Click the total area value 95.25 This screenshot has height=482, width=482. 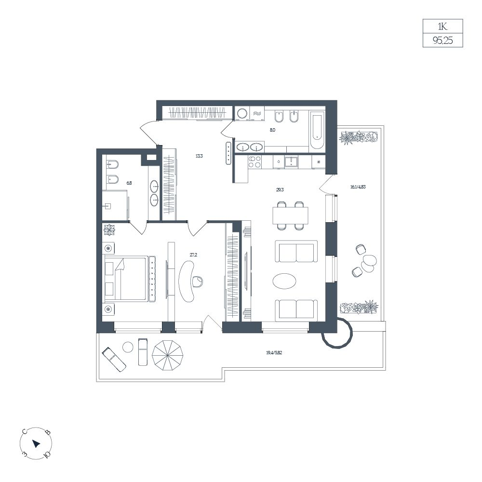(442, 40)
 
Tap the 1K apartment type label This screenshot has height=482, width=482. (442, 27)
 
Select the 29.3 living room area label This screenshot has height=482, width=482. (280, 189)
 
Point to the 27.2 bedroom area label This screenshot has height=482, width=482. (193, 254)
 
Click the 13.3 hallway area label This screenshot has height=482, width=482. (199, 156)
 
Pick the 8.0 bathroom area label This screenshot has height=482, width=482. (272, 130)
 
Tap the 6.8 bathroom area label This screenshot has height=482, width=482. (129, 183)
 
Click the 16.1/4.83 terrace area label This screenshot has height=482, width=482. (358, 187)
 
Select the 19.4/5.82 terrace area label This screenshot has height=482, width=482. (274, 353)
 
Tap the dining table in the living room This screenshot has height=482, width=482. (290, 215)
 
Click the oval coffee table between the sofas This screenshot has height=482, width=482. (285, 281)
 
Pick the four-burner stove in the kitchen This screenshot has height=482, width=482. (255, 161)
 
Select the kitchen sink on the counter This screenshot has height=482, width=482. (291, 161)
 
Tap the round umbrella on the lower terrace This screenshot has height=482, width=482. (168, 356)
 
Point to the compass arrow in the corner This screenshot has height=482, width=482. (36, 443)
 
